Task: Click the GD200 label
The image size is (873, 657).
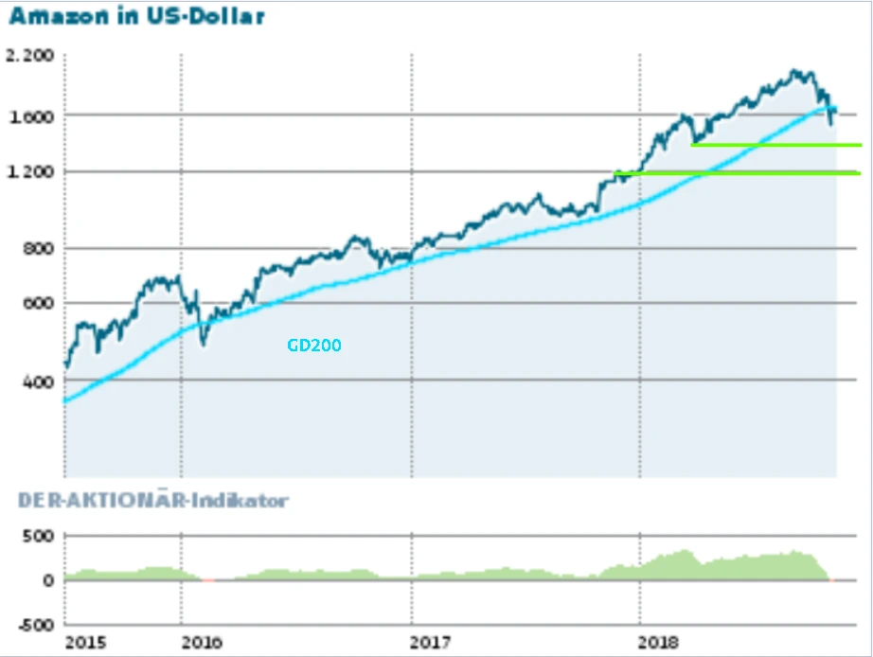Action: (313, 346)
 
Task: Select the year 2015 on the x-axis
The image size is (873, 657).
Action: (86, 643)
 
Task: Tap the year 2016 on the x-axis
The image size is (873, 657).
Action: (203, 643)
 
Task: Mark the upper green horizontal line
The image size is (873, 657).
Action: (776, 145)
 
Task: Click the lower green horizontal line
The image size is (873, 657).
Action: (739, 173)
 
